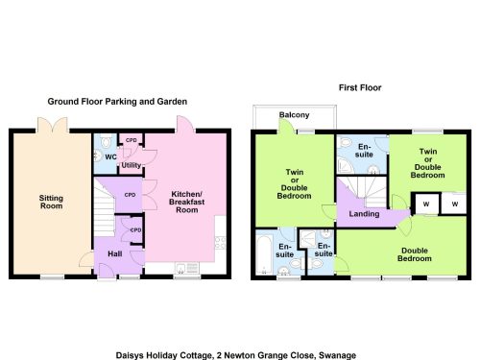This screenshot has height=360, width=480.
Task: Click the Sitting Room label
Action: pos(51,202)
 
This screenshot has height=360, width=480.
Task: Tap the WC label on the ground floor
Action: pos(110,157)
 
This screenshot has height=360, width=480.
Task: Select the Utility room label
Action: pos(132,165)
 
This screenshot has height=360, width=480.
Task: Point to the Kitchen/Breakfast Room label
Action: pos(187,202)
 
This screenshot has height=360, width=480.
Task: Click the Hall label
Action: pos(115,253)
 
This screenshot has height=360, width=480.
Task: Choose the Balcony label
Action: pos(294,115)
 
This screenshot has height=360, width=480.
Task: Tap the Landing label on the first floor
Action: pos(364,214)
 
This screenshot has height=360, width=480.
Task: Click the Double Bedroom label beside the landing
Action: pos(415,254)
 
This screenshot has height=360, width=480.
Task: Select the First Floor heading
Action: pos(360,87)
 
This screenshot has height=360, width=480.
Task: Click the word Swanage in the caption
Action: pos(337,355)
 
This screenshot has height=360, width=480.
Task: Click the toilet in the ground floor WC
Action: pos(106,140)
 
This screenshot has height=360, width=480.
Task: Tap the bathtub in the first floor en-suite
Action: pos(264,254)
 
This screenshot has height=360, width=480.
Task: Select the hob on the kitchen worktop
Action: pos(220,242)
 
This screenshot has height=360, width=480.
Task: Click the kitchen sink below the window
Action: pos(187,268)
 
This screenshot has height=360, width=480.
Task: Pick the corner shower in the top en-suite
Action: pos(346,166)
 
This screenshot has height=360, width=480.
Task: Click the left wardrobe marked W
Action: pos(426,204)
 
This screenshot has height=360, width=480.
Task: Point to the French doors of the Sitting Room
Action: pos(53,125)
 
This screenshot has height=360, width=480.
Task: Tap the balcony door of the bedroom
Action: pos(287,126)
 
